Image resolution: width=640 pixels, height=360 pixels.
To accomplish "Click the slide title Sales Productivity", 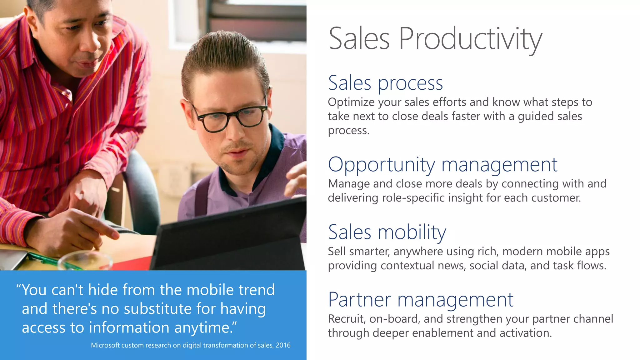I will [435, 39].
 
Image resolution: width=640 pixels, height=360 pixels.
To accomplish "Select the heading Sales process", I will [385, 83].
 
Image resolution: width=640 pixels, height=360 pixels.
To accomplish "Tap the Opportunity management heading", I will [442, 165].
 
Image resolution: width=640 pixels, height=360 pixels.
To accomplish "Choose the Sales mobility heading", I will [387, 232].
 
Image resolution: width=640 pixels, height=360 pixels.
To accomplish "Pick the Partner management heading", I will [420, 300].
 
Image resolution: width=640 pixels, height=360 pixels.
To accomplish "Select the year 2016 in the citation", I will [283, 345].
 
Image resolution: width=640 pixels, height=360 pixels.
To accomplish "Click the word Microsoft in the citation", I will [105, 345].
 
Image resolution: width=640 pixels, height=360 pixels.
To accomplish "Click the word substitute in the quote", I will [157, 309].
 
